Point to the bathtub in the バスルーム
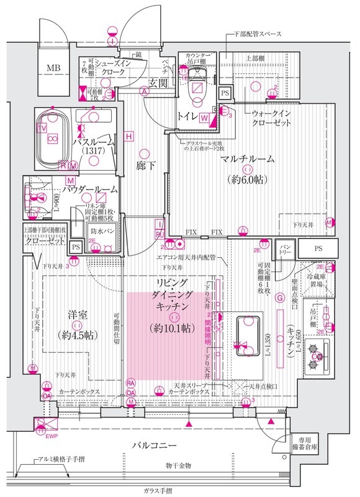(51, 138)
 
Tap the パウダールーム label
(89, 188)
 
